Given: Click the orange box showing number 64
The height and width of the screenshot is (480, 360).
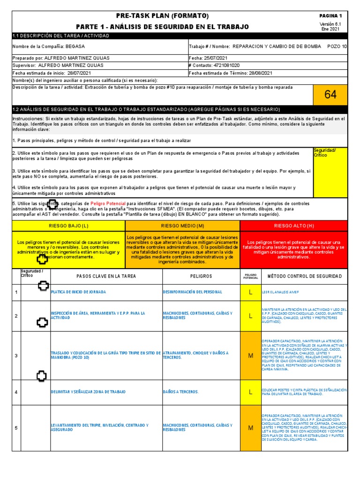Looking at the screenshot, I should pos(330,95).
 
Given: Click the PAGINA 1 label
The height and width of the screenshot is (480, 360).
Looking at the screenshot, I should pos(331,16).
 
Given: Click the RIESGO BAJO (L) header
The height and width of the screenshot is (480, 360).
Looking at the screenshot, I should pos(69,226).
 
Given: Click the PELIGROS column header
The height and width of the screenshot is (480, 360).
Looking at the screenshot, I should pos(201,277).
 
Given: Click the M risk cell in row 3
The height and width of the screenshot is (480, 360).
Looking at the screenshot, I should pos(250,355).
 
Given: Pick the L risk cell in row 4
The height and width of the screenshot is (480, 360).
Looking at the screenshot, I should pos(250,392).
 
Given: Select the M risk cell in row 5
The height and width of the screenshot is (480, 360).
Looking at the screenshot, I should pos(250,427).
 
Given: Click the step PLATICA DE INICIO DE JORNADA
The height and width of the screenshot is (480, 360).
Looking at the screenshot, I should pos(78,292).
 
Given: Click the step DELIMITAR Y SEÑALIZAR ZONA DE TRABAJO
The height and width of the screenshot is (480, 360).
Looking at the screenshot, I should pos(88,392).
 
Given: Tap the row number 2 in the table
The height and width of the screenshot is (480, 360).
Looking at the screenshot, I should pos(16,316).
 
